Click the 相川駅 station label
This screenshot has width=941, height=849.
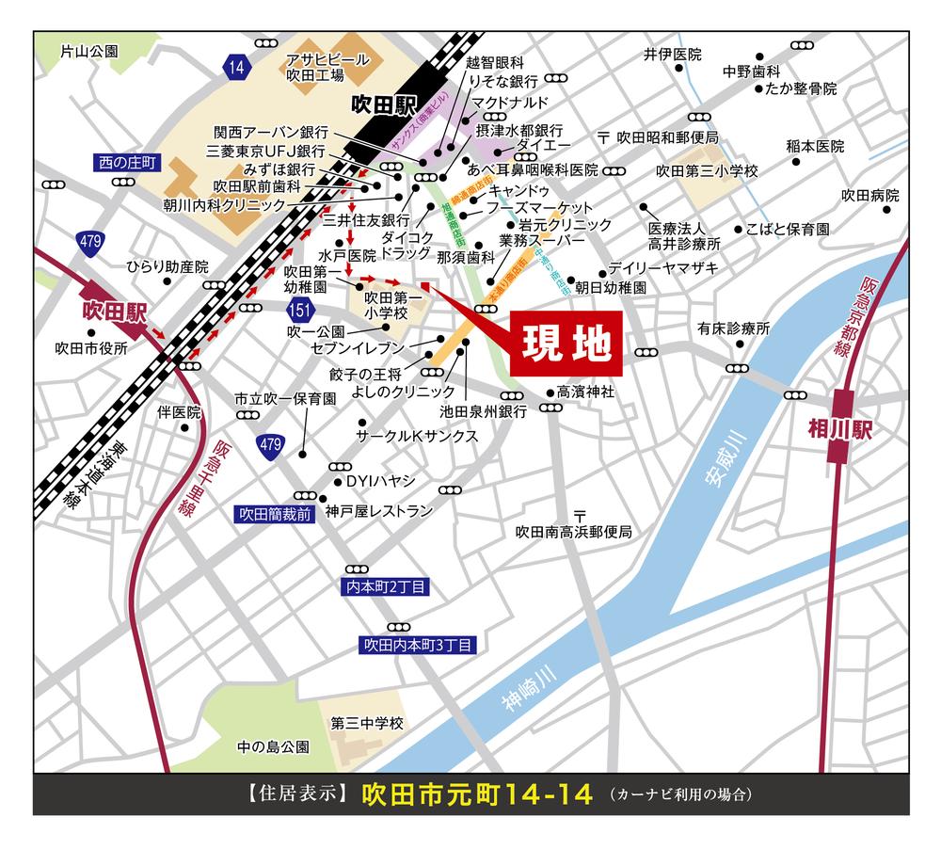[x=841, y=429]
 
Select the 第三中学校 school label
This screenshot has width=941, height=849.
[x=366, y=724]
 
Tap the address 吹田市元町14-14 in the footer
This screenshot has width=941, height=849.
[x=478, y=793]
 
